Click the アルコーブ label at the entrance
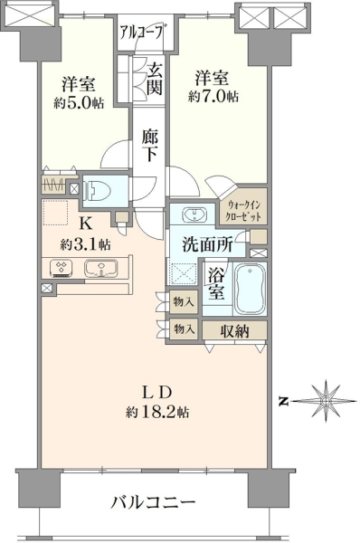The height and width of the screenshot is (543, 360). [142, 32]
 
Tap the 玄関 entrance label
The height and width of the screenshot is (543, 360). [154, 80]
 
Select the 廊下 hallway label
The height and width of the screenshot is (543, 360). [150, 145]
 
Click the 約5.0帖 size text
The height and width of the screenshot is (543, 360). [79, 102]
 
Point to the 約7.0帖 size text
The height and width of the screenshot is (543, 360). [213, 96]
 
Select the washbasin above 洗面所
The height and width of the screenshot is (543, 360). [194, 214]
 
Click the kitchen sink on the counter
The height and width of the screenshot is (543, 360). [100, 268]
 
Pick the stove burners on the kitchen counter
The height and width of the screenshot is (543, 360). [62, 268]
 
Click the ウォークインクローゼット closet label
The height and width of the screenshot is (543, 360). [242, 211]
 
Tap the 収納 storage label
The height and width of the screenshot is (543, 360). [234, 331]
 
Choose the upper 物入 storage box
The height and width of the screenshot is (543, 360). [184, 302]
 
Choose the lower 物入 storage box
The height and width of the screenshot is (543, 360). [184, 329]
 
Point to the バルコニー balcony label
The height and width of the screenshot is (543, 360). [153, 502]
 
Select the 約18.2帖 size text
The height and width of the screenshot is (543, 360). [157, 412]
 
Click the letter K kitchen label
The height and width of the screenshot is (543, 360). [86, 224]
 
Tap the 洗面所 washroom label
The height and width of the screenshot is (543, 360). [207, 245]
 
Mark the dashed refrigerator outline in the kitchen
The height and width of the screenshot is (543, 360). [55, 213]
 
